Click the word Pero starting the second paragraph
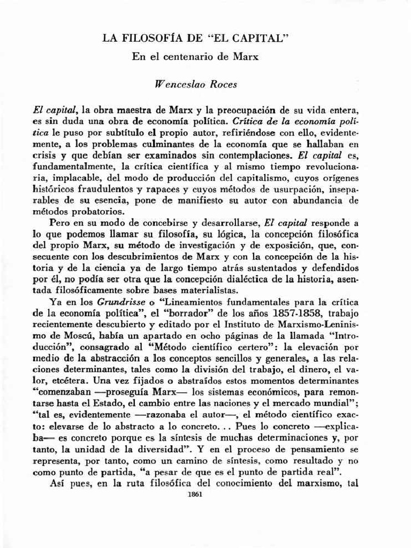pyautogui.click(x=58, y=223)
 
